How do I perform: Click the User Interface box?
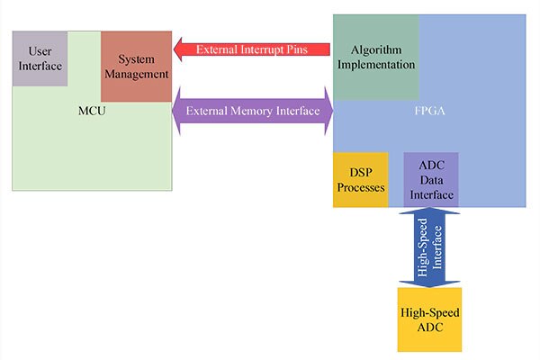pyautogui.click(x=40, y=58)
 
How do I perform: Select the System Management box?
pyautogui.click(x=136, y=67)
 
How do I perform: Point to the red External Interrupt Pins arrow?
pyautogui.click(x=253, y=49)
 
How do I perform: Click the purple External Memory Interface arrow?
pyautogui.click(x=252, y=111)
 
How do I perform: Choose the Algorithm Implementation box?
pyautogui.click(x=376, y=58)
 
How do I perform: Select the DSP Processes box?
pyautogui.click(x=360, y=180)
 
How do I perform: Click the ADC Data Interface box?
pyautogui.click(x=431, y=180)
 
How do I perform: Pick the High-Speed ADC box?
pyautogui.click(x=429, y=319)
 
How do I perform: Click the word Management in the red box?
pyautogui.click(x=136, y=74)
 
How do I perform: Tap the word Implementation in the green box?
pyautogui.click(x=376, y=65)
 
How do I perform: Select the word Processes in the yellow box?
pyautogui.click(x=360, y=188)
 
